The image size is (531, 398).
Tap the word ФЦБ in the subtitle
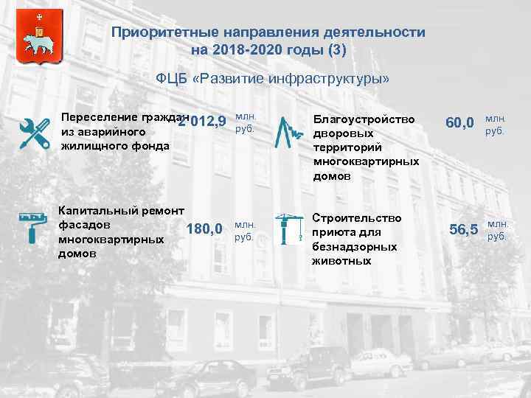pyautogui.click(x=172, y=79)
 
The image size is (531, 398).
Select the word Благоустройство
pyautogui.click(x=364, y=119)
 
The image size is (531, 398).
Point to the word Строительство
pyautogui.click(x=357, y=218)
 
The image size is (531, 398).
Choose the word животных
pyautogui.click(x=342, y=260)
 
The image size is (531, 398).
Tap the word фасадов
pyautogui.click(x=85, y=224)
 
